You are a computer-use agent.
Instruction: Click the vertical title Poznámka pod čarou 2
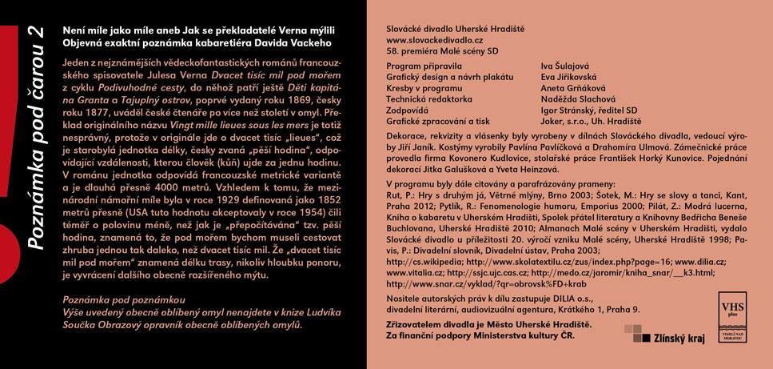click(x=34, y=136)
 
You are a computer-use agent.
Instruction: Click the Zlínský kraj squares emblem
click(x=632, y=334)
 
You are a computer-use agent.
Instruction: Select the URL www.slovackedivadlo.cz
click(x=434, y=39)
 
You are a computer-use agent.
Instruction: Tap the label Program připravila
click(x=424, y=66)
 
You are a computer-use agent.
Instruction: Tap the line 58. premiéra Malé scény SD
click(x=441, y=50)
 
